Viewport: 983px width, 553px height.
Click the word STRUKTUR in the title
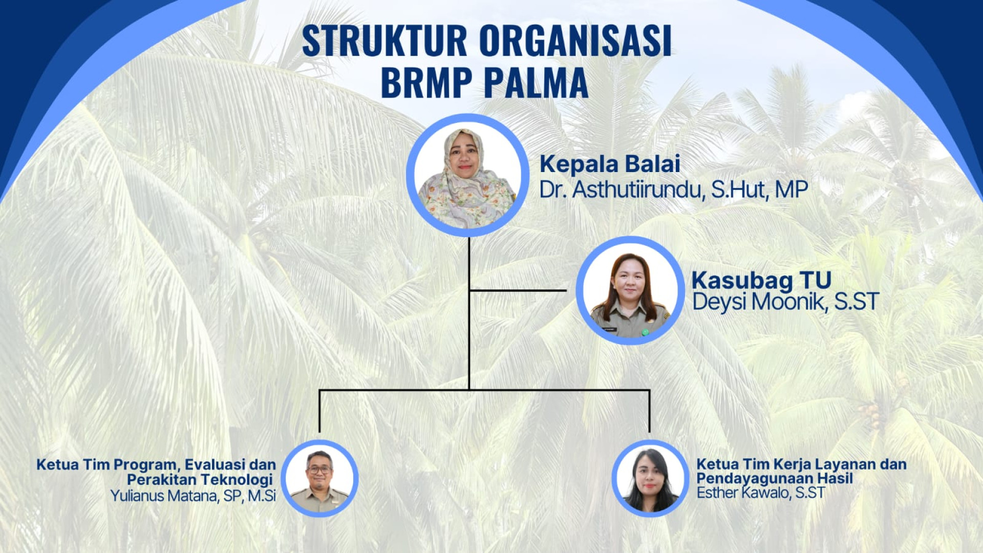point(384,40)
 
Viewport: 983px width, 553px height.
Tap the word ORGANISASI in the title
point(575,40)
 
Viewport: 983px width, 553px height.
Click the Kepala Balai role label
point(610,164)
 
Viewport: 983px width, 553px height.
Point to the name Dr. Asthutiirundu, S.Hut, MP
point(674,189)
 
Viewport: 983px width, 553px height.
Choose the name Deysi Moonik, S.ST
point(785,302)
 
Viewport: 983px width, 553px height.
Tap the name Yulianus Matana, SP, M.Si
point(193,496)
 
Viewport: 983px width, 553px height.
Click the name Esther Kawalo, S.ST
point(761,493)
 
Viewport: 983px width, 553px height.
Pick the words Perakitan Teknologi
point(200,480)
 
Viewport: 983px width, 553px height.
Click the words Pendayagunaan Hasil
point(775,478)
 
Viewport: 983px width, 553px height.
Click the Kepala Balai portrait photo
point(467,175)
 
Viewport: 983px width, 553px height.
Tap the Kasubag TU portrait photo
point(630,290)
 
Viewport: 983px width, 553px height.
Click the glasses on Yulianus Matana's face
point(319,469)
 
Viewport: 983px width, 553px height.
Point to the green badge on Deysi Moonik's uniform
point(645,332)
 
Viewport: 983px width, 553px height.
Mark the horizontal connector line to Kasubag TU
point(518,290)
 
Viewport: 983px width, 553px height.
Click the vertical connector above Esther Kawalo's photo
point(650,411)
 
